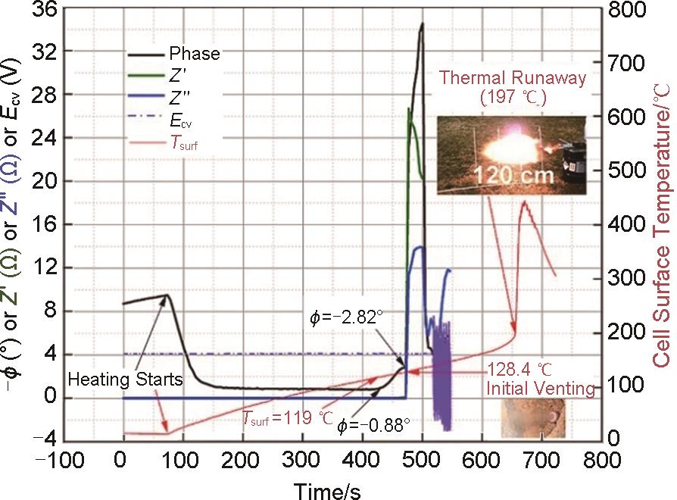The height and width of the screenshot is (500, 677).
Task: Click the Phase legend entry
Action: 195,54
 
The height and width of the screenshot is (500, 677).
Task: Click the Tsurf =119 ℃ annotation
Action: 288,417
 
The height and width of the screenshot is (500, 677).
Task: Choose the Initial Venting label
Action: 540,389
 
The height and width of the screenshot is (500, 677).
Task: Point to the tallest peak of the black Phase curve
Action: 421,23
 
